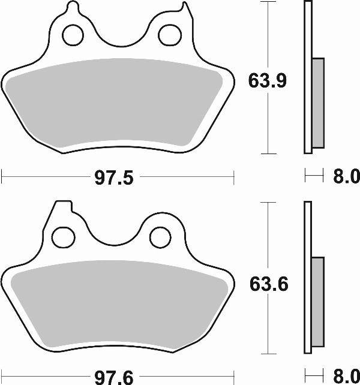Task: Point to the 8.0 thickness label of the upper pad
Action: pyautogui.click(x=345, y=177)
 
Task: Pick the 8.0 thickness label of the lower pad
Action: pyautogui.click(x=345, y=376)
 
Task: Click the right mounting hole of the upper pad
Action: pyautogui.click(x=168, y=35)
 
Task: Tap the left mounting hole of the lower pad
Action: pyautogui.click(x=61, y=237)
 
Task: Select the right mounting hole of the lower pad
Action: pyautogui.click(x=160, y=237)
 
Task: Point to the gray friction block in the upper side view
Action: pyautogui.click(x=318, y=103)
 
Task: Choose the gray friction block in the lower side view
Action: pyautogui.click(x=318, y=303)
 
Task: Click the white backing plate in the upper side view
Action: pyautogui.click(x=308, y=78)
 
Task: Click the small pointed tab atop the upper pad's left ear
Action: pyautogui.click(x=73, y=7)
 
